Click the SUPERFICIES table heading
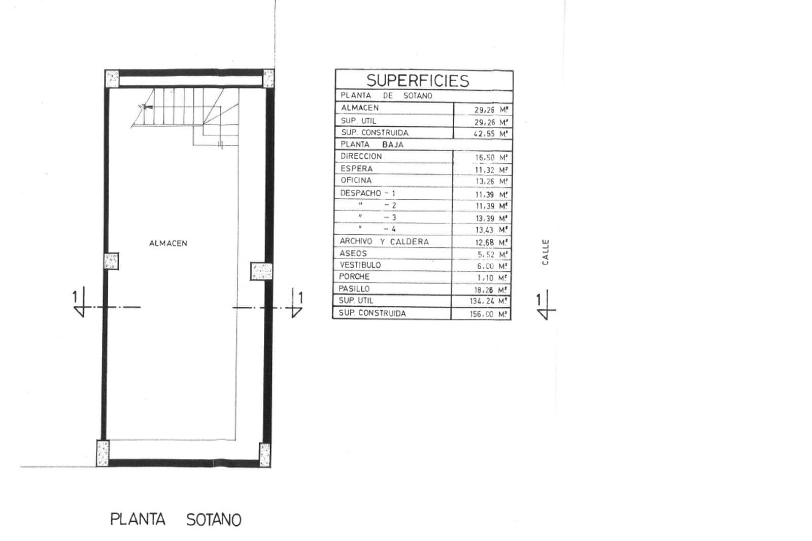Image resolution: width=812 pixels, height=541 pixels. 418,81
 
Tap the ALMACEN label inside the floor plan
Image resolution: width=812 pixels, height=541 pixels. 168,243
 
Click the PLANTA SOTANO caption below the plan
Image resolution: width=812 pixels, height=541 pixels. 176,520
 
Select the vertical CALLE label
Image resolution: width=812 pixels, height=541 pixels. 545,252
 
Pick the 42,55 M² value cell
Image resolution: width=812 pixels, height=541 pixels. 491,134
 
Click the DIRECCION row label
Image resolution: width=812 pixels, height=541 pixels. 361,157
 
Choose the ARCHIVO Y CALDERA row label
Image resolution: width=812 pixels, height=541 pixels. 384,241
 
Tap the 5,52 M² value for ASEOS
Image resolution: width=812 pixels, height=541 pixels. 493,255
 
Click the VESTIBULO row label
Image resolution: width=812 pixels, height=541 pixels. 360,265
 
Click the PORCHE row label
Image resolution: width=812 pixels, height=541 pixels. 354,277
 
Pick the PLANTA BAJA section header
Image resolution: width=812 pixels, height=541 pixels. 372,145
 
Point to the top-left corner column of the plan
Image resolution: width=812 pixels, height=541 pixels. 112,79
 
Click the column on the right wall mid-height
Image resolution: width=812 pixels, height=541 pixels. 261,271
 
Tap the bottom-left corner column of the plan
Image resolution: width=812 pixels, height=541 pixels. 103,453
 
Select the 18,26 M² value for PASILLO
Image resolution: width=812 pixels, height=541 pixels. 491,290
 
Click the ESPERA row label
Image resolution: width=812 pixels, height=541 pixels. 357,169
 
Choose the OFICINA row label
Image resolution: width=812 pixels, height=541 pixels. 356,181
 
